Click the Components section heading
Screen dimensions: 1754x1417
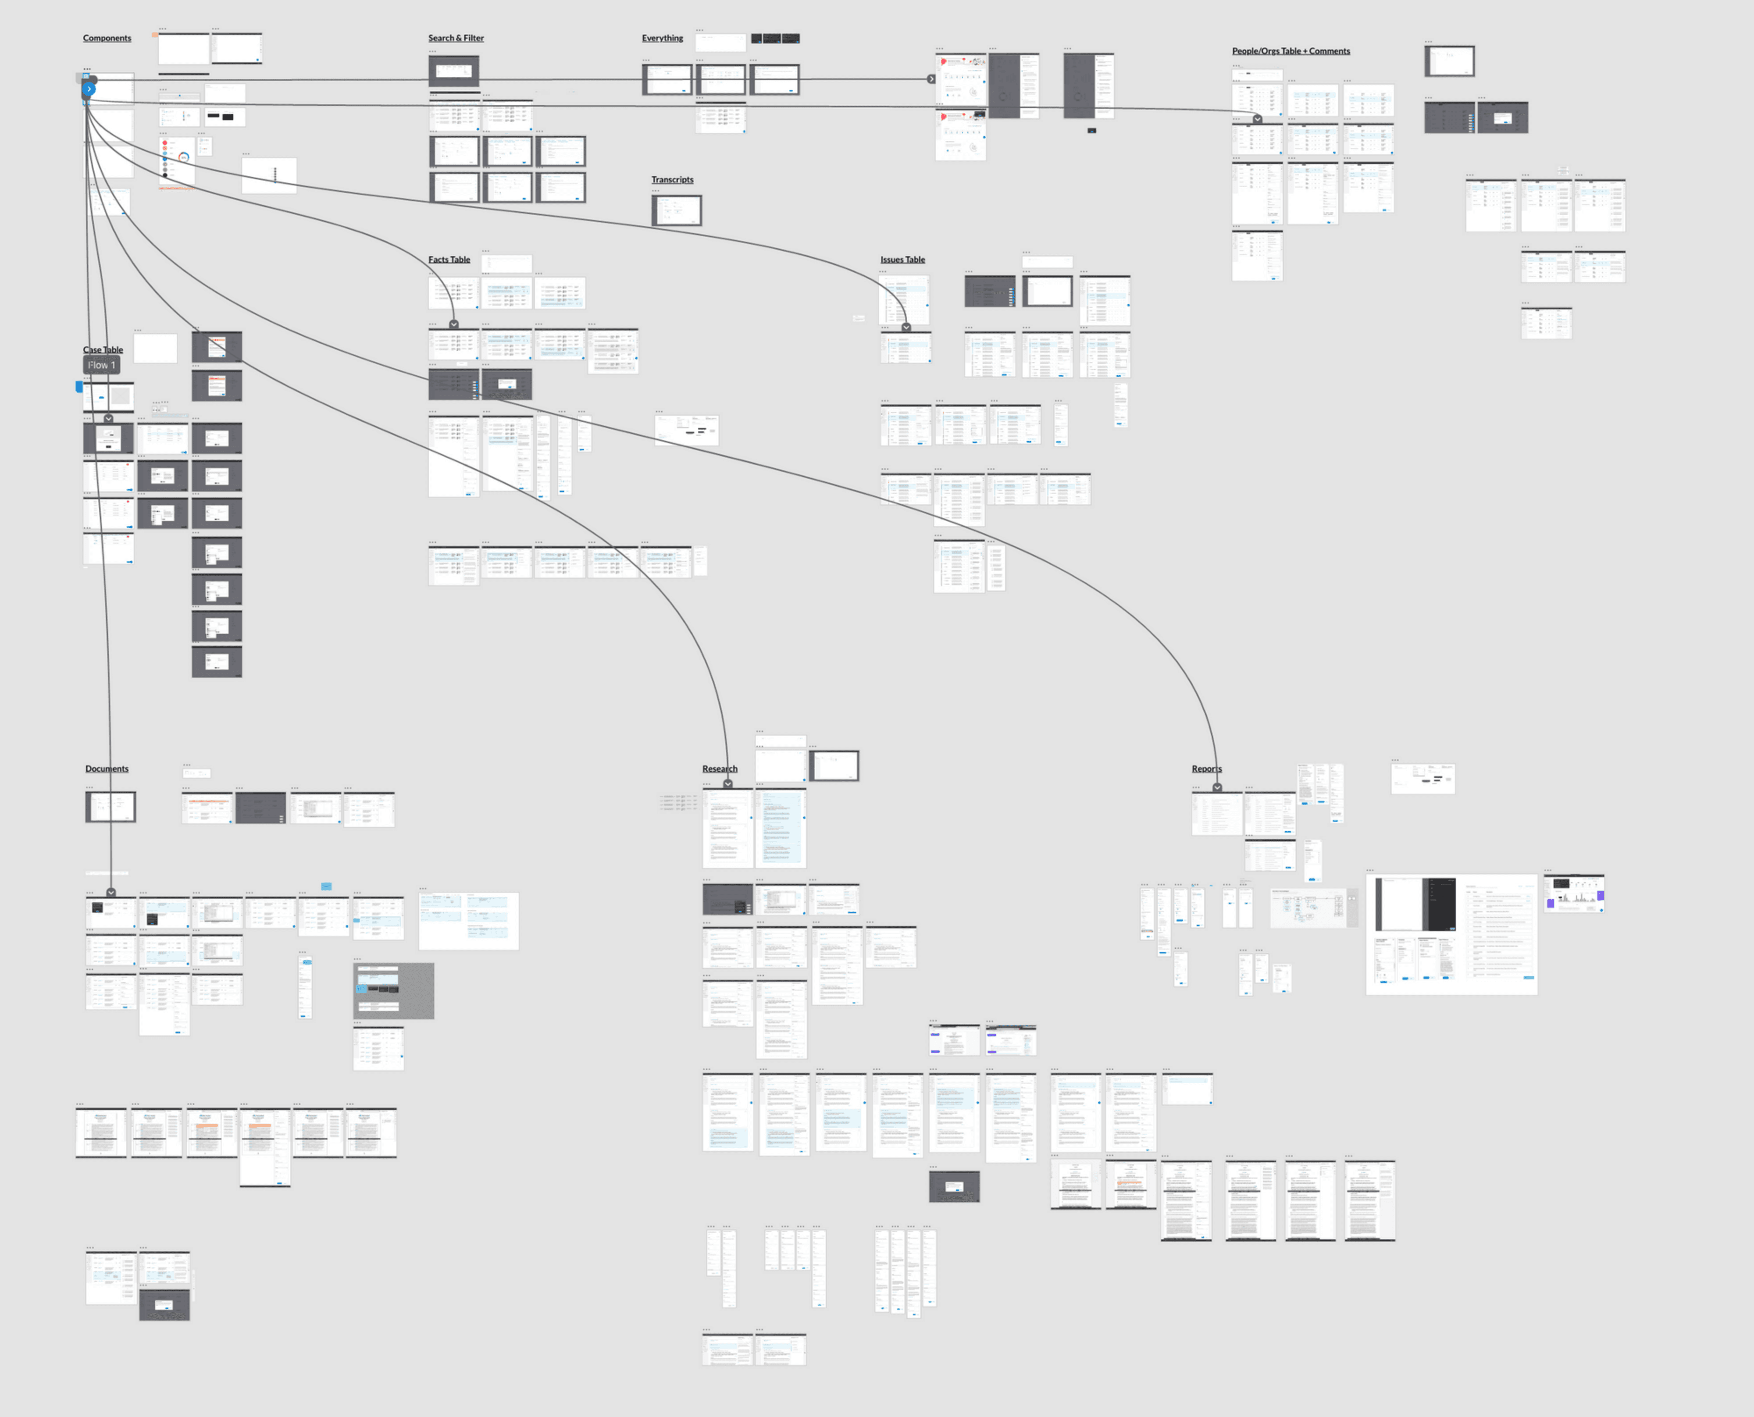click(x=107, y=39)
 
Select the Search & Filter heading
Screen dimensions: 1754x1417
click(x=456, y=39)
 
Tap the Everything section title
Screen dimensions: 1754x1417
click(x=662, y=39)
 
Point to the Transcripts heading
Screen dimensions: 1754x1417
click(x=672, y=180)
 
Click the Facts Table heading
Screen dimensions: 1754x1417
click(x=449, y=260)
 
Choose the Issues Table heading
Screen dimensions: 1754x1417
click(x=902, y=260)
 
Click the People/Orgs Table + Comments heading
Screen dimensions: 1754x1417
click(x=1291, y=51)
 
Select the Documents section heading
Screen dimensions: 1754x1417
click(x=107, y=769)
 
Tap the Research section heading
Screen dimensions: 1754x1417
click(x=719, y=769)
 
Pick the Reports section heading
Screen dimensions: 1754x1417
click(x=1206, y=769)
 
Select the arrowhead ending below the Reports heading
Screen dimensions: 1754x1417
click(x=1217, y=788)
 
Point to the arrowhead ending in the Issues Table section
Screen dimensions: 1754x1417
click(x=906, y=328)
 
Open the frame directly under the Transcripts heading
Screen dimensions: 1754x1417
click(x=676, y=210)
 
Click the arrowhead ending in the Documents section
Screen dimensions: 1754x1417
click(x=111, y=893)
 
